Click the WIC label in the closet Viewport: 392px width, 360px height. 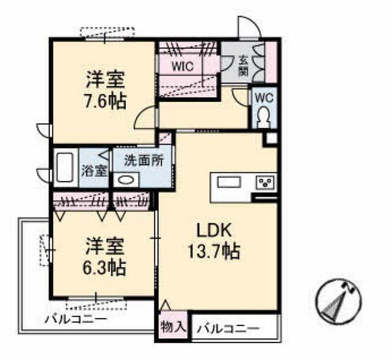tap(183, 67)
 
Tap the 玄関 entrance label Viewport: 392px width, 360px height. tap(243, 66)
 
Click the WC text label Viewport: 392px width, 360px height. tap(264, 98)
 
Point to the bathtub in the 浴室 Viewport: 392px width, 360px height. tap(65, 167)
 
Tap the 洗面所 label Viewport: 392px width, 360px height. tap(144, 161)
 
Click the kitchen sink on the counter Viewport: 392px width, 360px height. tap(229, 182)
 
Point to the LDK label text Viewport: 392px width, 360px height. tap(214, 231)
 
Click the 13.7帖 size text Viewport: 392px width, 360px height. tap(214, 252)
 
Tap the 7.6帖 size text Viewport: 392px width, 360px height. tap(105, 101)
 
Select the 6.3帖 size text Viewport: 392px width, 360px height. tap(105, 268)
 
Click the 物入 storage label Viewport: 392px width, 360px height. tap(173, 326)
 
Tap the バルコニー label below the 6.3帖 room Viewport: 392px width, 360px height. tap(76, 319)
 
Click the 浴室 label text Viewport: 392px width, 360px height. tap(94, 171)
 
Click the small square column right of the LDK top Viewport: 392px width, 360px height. tap(271, 138)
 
